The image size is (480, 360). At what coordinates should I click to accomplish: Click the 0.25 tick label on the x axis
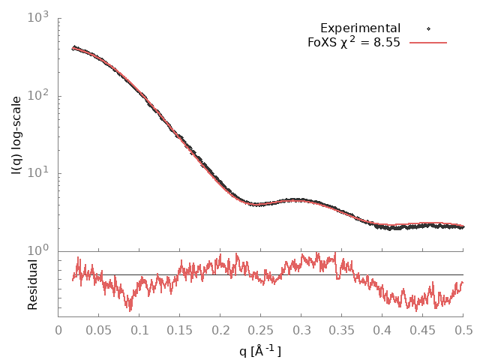tap(261, 331)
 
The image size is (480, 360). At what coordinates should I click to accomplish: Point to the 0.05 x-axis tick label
tap(99, 331)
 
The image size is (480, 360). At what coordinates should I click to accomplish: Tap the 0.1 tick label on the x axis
tap(139, 331)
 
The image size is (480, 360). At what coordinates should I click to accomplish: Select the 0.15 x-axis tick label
tap(180, 331)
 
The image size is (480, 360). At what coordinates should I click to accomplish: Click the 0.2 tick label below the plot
tap(220, 331)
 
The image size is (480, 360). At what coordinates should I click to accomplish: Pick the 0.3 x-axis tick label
tap(301, 331)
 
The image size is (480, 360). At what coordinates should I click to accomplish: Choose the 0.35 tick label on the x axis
tap(342, 331)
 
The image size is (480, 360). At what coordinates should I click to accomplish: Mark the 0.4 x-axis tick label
tap(382, 331)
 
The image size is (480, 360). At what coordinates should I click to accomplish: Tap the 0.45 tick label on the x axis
tap(423, 331)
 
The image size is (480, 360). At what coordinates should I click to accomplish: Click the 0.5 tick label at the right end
tap(463, 331)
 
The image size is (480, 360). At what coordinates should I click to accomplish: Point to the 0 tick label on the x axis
tap(58, 331)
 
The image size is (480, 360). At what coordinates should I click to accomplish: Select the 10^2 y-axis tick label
tap(39, 94)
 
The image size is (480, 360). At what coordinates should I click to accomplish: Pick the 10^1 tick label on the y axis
tap(39, 172)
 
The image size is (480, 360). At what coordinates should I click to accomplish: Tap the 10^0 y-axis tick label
tap(39, 250)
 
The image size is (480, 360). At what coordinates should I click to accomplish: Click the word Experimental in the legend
tap(360, 28)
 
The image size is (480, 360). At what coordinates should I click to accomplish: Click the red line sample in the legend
tap(428, 43)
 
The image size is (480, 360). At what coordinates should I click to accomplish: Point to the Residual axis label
tap(32, 284)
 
